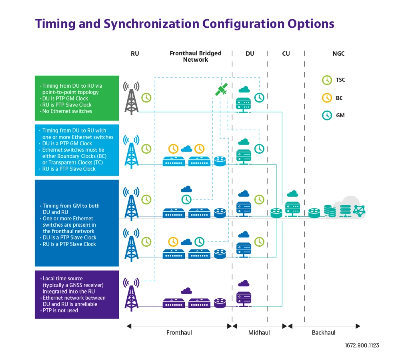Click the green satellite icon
(x=222, y=89)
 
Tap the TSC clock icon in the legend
(x=327, y=80)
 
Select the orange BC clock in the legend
(x=327, y=98)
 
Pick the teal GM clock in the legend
(x=327, y=115)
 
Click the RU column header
(x=135, y=54)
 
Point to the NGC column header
(x=338, y=54)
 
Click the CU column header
(x=286, y=54)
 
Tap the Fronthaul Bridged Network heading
(x=196, y=56)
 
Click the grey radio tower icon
(x=131, y=98)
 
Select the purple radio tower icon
(x=131, y=295)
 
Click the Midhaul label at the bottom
(x=259, y=332)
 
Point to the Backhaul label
(x=324, y=332)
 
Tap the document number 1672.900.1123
(x=362, y=346)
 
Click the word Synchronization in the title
(x=151, y=24)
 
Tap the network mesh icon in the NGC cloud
(x=359, y=211)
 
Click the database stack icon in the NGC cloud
(x=330, y=211)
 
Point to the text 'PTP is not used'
(x=60, y=310)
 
